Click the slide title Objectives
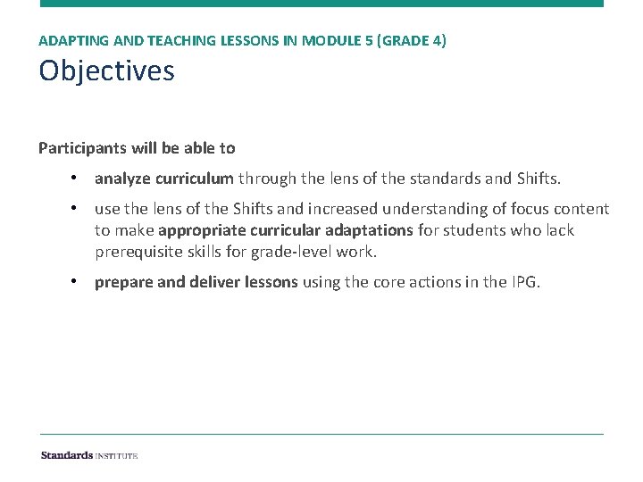(106, 71)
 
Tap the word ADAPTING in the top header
(68, 41)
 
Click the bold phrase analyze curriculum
(164, 179)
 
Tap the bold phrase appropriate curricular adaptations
(286, 230)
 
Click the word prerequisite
(138, 252)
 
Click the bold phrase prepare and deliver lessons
(196, 283)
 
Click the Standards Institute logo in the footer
(89, 455)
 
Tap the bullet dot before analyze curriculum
(78, 179)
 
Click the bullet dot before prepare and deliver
(78, 283)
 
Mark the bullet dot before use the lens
(78, 209)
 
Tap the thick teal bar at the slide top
(321, 4)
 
